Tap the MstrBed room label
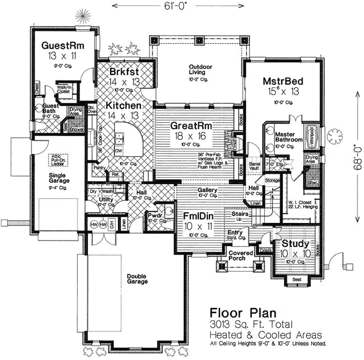point(284,81)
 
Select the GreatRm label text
point(190,125)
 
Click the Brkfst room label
point(124,71)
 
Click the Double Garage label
point(137,279)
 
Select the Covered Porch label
point(240,256)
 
